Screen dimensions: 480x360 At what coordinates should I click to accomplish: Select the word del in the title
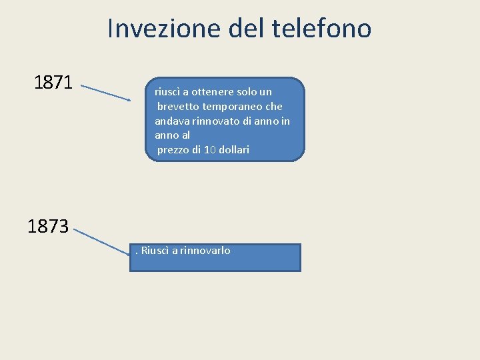coord(245,29)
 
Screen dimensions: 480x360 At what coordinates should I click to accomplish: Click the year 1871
coord(53,83)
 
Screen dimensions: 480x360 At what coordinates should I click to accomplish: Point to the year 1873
coord(48,227)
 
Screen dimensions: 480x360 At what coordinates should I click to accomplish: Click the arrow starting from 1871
coord(105,92)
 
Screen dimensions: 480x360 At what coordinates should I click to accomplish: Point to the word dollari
coord(234,150)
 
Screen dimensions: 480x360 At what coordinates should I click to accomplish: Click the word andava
coord(171,121)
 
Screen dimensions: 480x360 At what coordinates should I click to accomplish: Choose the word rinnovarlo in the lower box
coord(207,251)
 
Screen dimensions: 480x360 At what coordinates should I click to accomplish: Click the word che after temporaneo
coord(274,106)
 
